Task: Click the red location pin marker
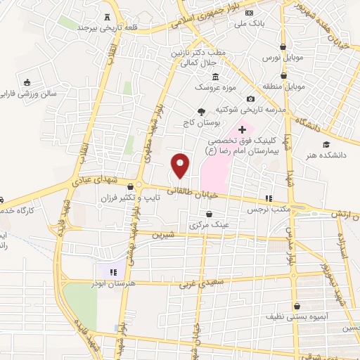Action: pos(181,165)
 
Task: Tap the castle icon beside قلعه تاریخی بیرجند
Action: pos(107,17)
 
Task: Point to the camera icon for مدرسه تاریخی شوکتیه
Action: pos(250,99)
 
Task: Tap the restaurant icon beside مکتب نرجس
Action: pos(266,198)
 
